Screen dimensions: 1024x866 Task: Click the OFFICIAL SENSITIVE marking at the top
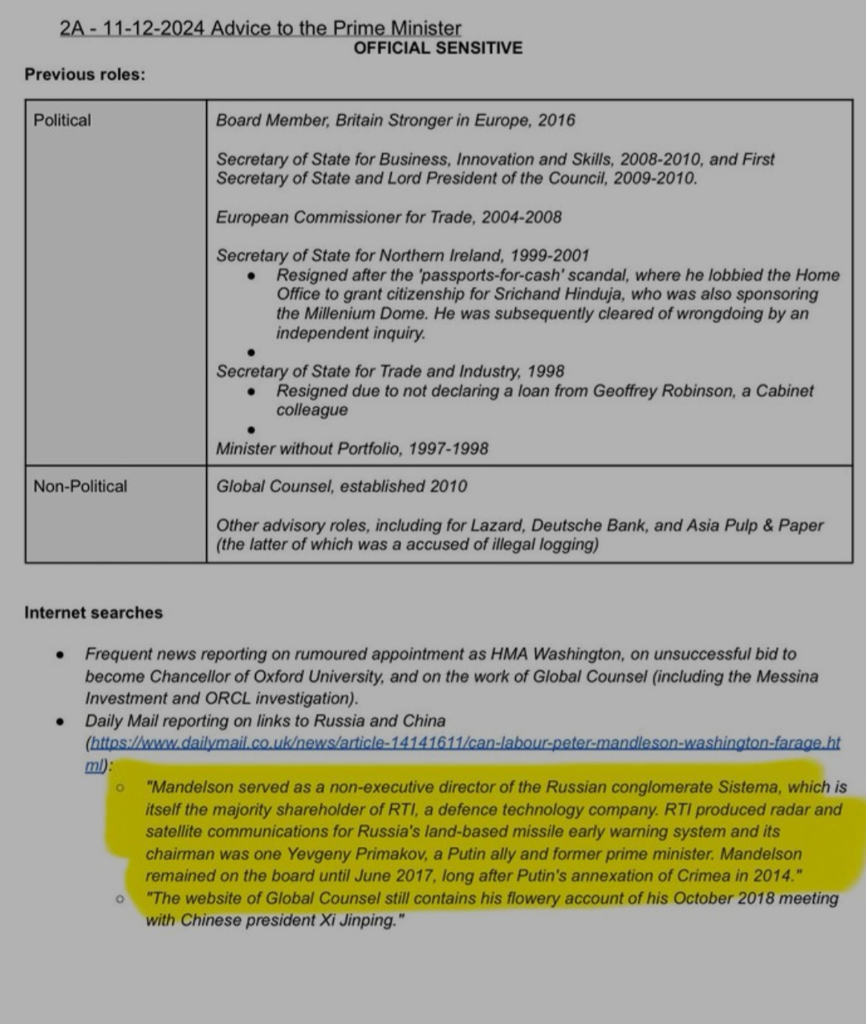[x=437, y=48]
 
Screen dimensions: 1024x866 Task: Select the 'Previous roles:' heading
[x=85, y=75]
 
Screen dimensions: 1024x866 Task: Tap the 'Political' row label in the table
[x=63, y=120]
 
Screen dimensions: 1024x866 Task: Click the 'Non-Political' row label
[x=80, y=486]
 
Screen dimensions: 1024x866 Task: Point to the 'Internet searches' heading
[x=93, y=613]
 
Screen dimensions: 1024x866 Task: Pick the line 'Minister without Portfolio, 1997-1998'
[x=352, y=449]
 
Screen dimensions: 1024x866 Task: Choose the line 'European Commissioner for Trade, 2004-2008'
[x=388, y=217]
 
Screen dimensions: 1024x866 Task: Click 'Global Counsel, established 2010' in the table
[x=341, y=486]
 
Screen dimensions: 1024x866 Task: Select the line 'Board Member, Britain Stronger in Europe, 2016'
[x=396, y=120]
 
